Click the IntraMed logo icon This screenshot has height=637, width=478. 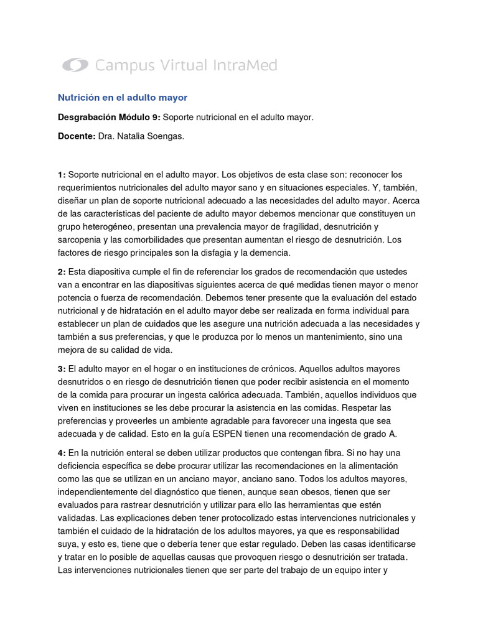click(75, 65)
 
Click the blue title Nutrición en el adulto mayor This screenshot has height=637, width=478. click(123, 98)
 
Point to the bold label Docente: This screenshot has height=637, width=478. click(77, 136)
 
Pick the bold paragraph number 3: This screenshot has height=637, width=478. click(62, 368)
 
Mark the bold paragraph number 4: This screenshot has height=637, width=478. click(62, 452)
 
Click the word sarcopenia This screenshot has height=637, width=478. click(81, 239)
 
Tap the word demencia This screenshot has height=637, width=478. click(265, 253)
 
